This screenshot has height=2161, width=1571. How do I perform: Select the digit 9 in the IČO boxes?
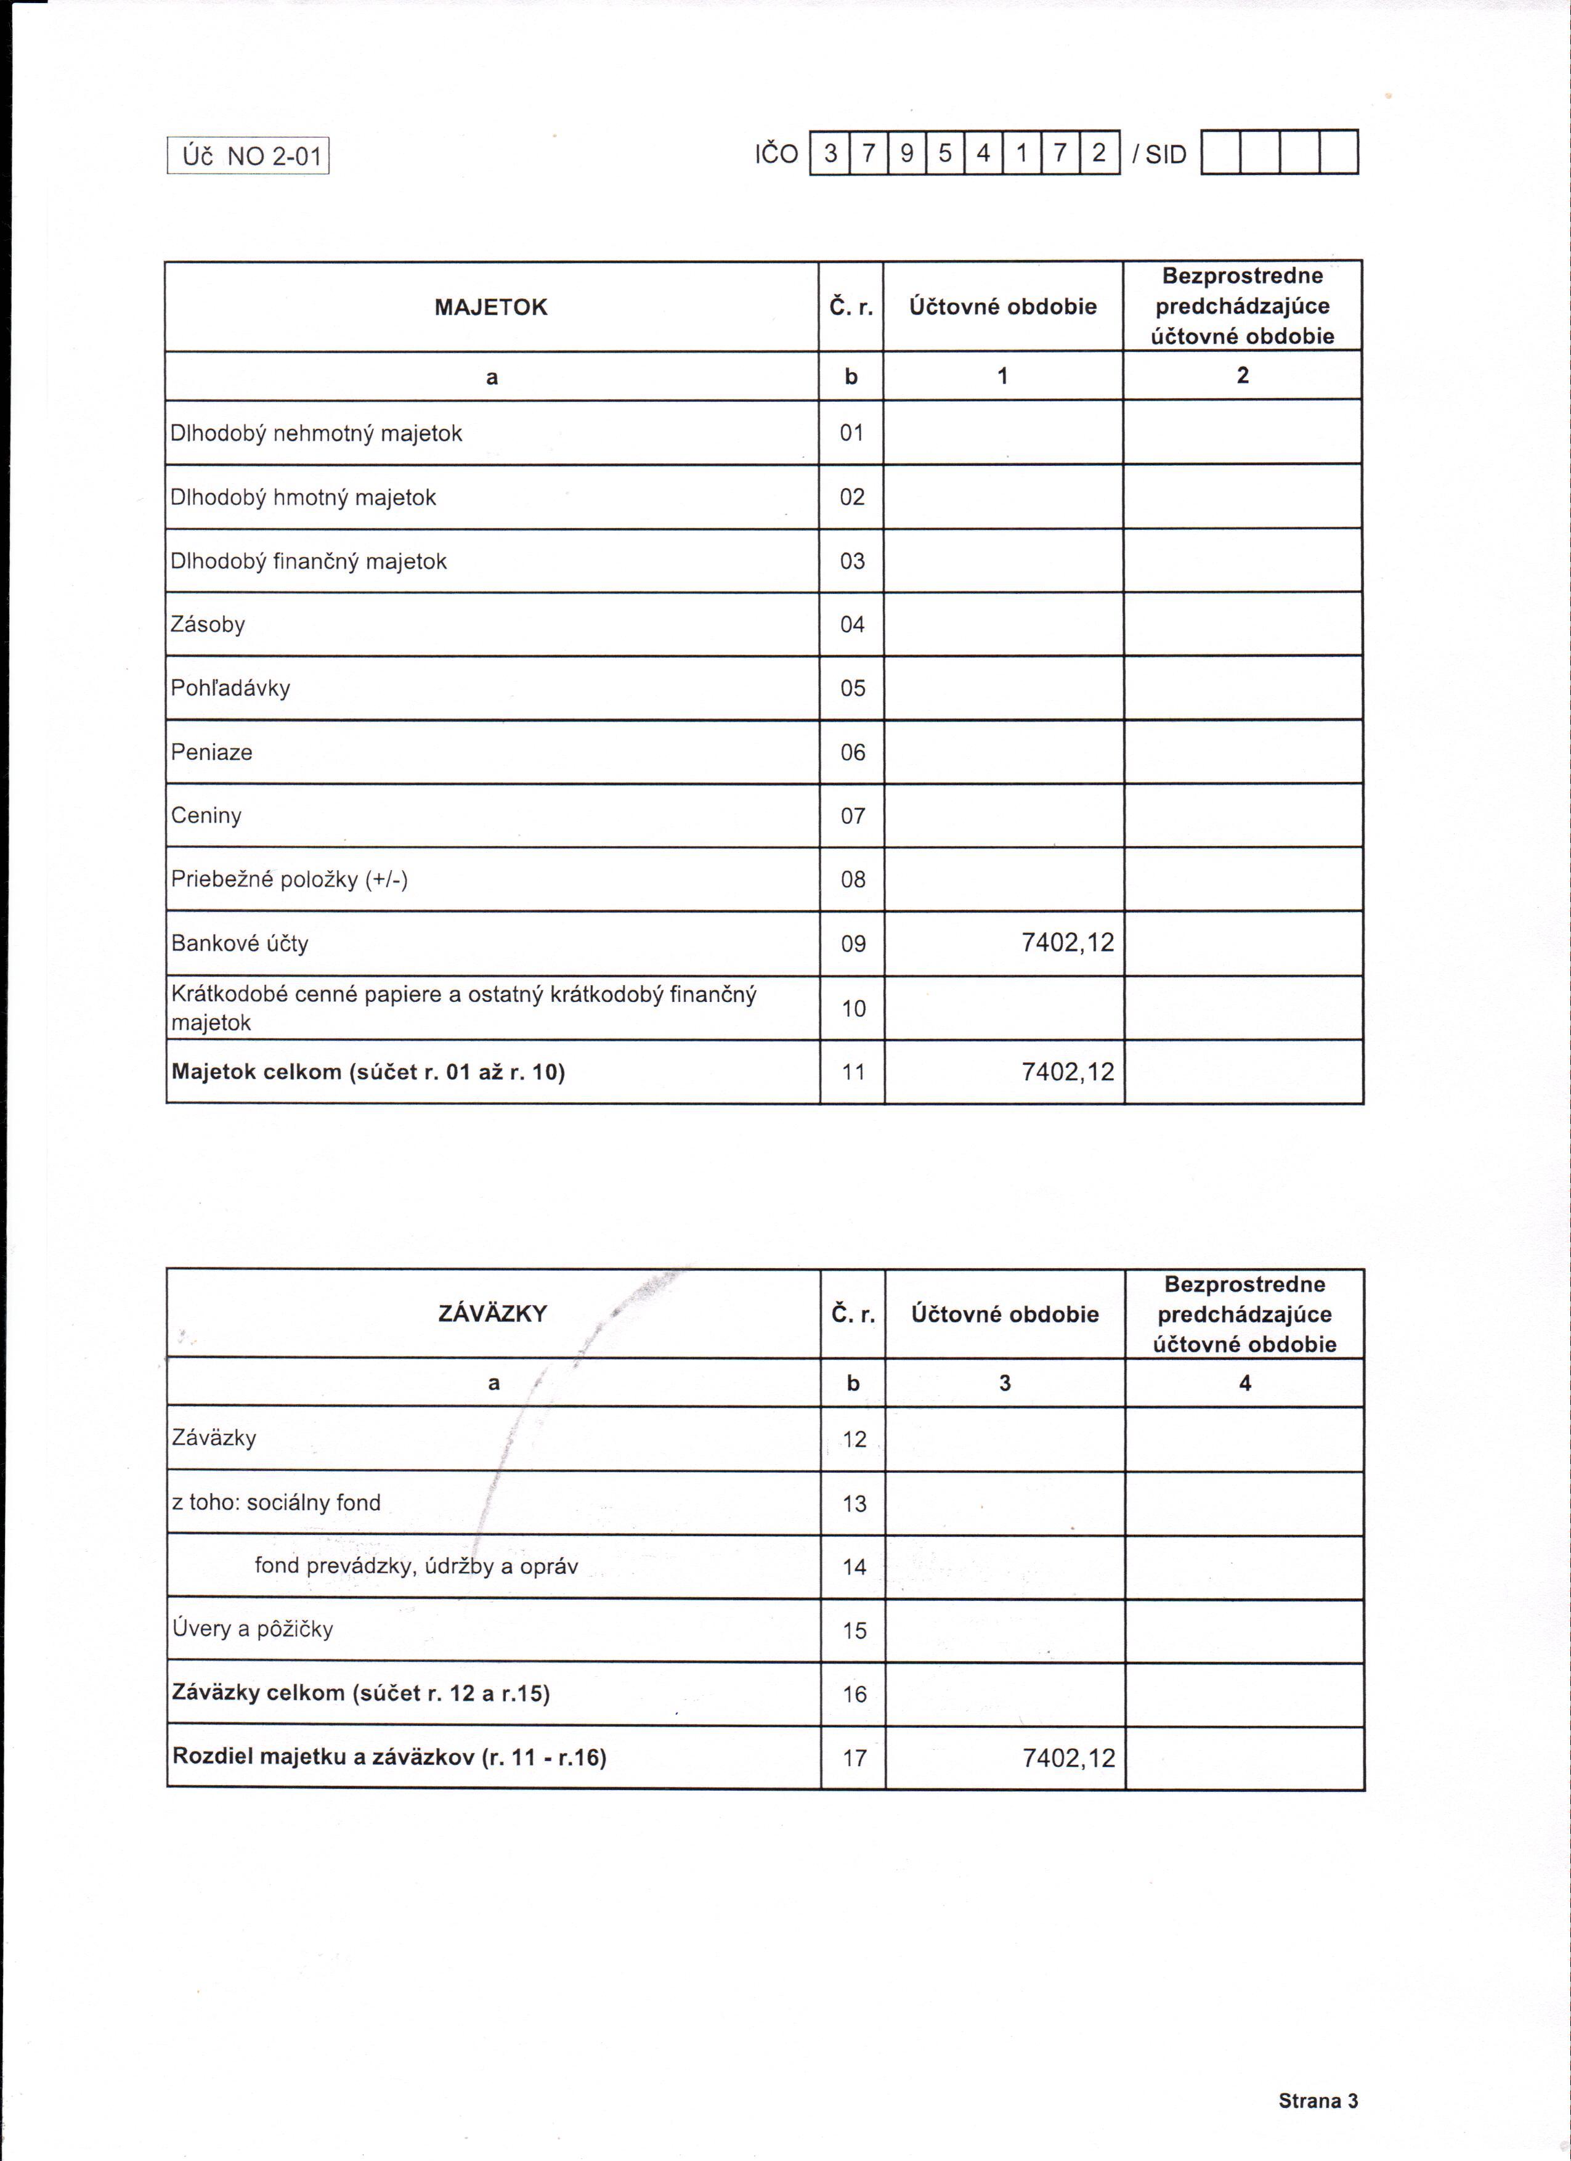tap(906, 152)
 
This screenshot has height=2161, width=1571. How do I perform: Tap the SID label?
tap(1159, 154)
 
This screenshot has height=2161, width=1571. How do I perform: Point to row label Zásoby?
tap(208, 624)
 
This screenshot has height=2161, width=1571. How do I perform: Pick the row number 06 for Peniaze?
tap(853, 753)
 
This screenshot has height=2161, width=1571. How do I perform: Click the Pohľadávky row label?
tap(230, 688)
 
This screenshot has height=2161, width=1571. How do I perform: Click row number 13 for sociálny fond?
tap(855, 1504)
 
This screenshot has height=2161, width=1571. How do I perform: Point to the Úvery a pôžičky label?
tap(253, 1629)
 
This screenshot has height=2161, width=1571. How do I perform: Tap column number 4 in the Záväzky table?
tap(1244, 1383)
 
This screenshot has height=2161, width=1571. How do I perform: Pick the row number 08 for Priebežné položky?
tap(853, 879)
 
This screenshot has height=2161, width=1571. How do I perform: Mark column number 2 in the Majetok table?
tap(1242, 375)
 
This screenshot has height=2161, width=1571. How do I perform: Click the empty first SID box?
tap(1220, 152)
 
